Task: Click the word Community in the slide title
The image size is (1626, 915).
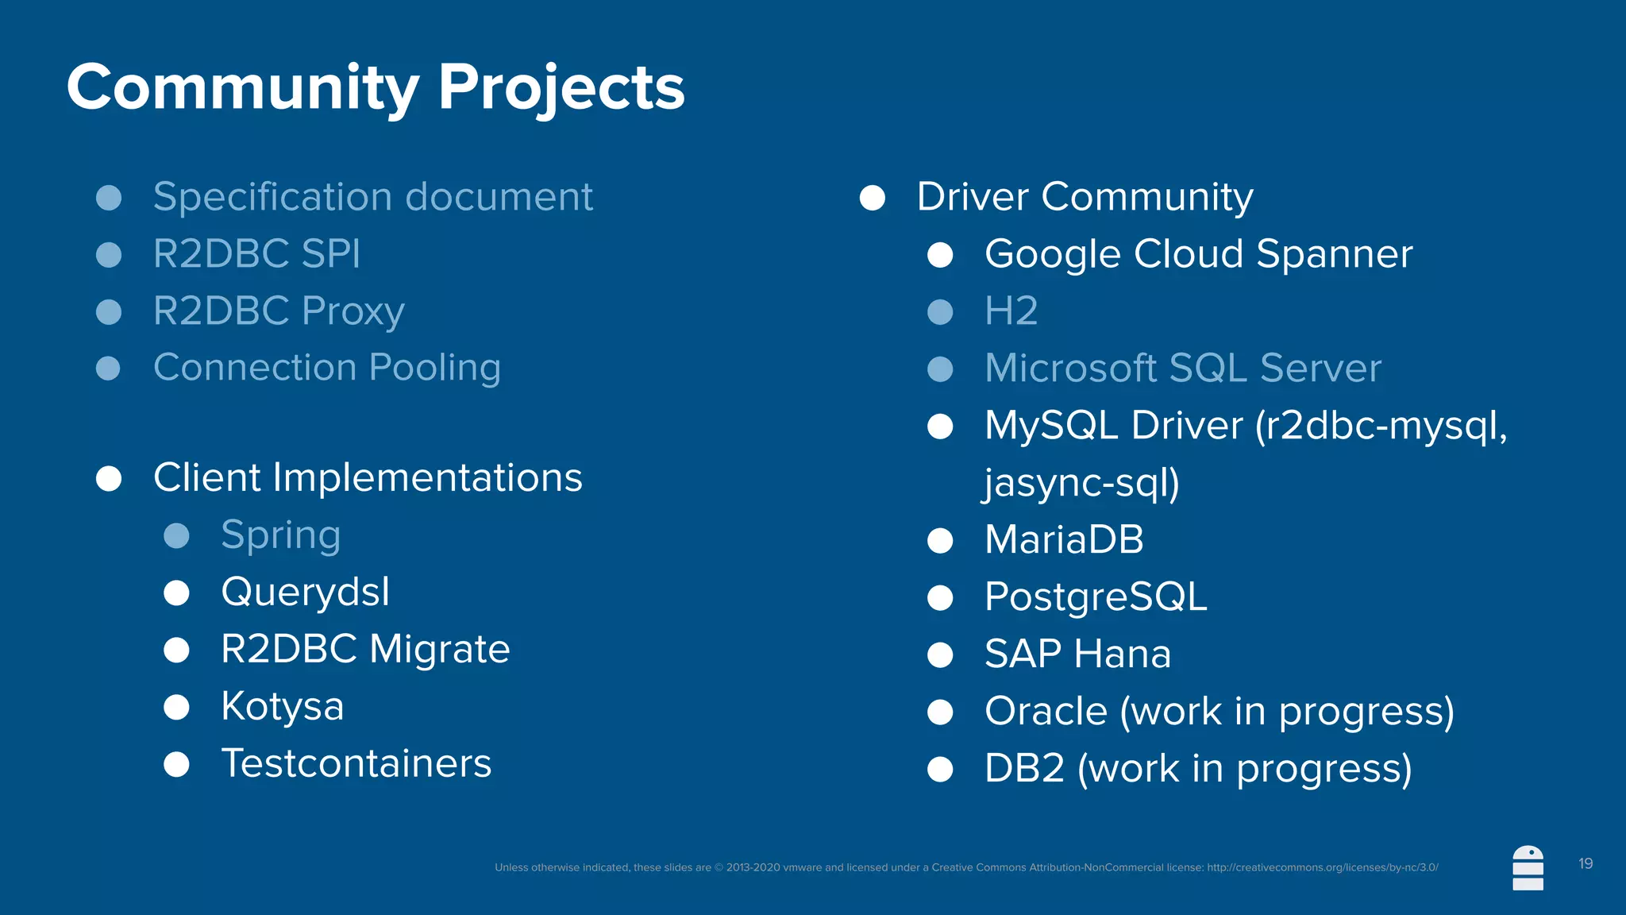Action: (x=242, y=87)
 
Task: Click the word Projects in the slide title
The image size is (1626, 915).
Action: (x=561, y=87)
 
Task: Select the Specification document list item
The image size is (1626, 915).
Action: (x=372, y=197)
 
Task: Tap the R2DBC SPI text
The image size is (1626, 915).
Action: (x=256, y=254)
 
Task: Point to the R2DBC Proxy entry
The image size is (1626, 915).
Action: (x=279, y=311)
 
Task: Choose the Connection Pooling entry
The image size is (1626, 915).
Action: (x=327, y=368)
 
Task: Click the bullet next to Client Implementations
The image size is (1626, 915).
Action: (x=109, y=479)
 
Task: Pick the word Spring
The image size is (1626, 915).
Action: (x=280, y=535)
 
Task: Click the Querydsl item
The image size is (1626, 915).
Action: (x=305, y=593)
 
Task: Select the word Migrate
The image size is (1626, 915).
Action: (x=439, y=650)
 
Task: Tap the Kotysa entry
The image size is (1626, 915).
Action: (x=282, y=706)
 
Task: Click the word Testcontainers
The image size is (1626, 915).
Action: (x=356, y=763)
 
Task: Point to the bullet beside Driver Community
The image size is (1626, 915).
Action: (x=873, y=198)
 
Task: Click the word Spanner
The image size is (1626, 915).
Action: (x=1334, y=254)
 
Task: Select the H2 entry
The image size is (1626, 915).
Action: (x=1011, y=311)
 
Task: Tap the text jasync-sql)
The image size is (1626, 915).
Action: (x=1081, y=483)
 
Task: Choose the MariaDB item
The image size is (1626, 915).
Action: (x=1064, y=540)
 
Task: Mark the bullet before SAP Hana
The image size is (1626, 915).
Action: (x=940, y=655)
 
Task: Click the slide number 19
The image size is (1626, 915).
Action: (x=1586, y=863)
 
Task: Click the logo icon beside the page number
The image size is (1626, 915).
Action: (x=1528, y=868)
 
